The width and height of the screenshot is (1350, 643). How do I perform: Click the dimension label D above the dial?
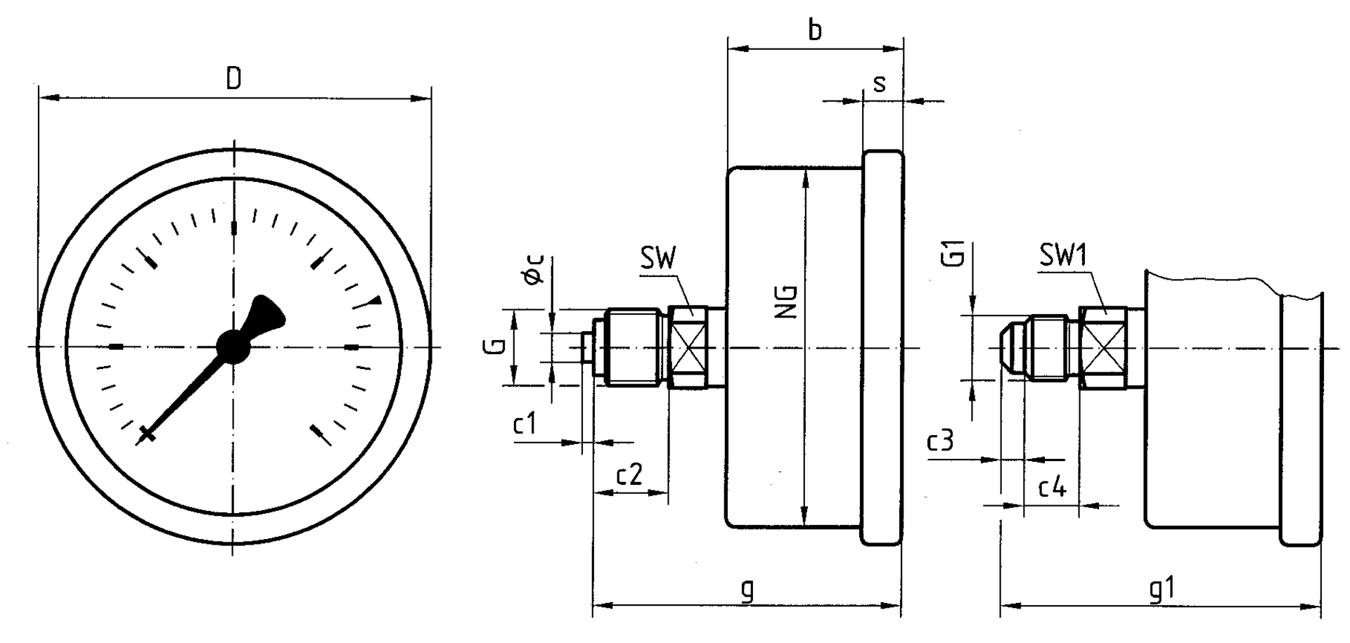point(234,79)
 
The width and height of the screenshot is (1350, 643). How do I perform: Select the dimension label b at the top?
point(815,30)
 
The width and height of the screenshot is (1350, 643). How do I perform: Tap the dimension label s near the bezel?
point(879,84)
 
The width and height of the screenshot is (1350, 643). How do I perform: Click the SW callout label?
point(657,259)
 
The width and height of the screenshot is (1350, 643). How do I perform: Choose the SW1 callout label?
point(1063,256)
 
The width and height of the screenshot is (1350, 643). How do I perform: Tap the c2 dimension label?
point(629,476)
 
